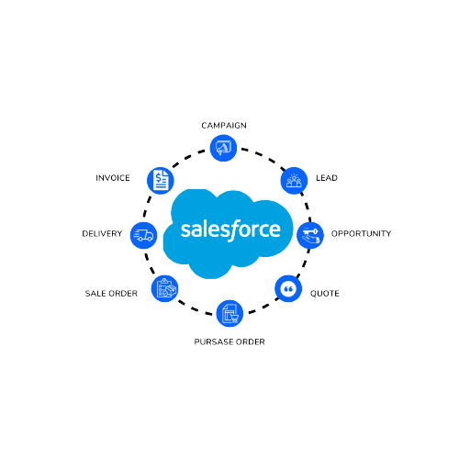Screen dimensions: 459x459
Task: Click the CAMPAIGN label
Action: tap(224, 126)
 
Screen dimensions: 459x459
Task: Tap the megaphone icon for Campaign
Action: tap(223, 148)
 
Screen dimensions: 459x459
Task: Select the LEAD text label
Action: tap(327, 178)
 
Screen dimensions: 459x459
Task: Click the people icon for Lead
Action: tap(294, 181)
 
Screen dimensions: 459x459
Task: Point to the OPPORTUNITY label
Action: tap(361, 233)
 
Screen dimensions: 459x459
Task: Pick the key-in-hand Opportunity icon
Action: tap(310, 235)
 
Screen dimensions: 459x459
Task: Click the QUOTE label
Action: tap(325, 294)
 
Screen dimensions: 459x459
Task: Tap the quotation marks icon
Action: tap(288, 288)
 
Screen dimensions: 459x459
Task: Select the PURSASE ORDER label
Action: tap(229, 341)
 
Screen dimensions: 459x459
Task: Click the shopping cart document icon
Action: tap(229, 313)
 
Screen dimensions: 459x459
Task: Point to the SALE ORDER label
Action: tap(111, 294)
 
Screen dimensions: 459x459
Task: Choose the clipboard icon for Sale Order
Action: tap(165, 288)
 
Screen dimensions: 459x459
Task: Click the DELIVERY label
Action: tap(102, 233)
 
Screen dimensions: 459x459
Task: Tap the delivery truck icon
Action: tap(143, 235)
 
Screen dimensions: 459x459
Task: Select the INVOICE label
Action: tap(113, 178)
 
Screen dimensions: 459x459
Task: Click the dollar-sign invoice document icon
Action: tap(161, 181)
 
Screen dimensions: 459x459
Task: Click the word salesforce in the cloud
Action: tap(230, 229)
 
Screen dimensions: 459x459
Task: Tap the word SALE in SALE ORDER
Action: tap(95, 294)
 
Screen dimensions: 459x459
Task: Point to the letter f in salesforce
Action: tap(234, 230)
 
